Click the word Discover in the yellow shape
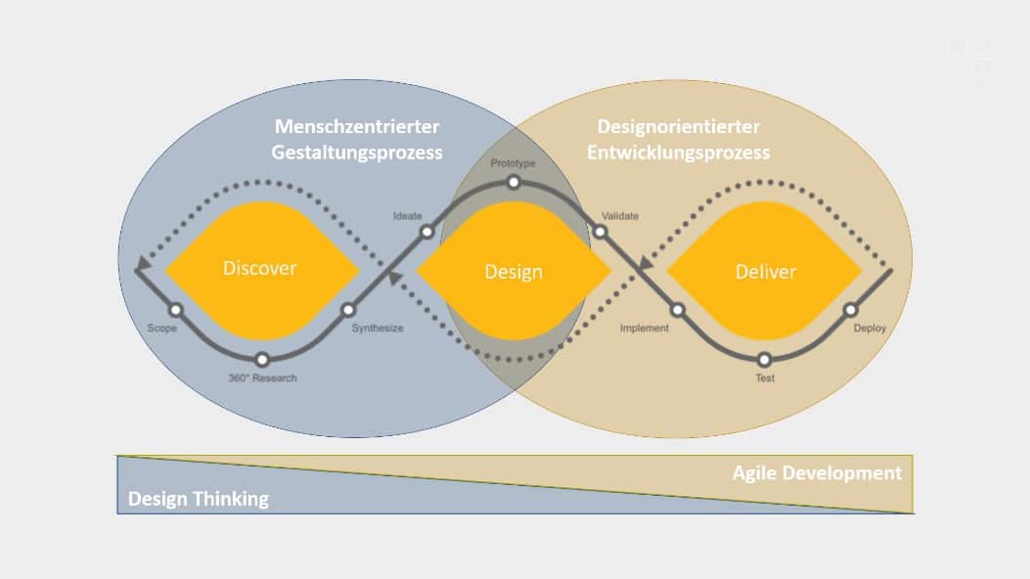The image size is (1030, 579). coord(259,268)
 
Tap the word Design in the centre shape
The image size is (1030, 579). coord(514,272)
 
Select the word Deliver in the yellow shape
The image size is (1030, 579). coord(766,272)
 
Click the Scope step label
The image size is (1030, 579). coord(161,329)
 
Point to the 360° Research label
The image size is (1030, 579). coord(261,378)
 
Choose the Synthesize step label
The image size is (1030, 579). coord(378,329)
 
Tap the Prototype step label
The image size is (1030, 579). coord(514,162)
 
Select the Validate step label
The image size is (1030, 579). coord(620,215)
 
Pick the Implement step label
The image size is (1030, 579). coord(645,329)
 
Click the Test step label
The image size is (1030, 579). coord(765,378)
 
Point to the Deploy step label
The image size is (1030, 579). coord(870,329)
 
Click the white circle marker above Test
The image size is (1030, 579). coord(764,359)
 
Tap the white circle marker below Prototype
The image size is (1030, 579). coord(514,182)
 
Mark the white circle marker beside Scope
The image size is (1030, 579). coord(176,310)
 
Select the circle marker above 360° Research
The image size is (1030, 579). coord(261,359)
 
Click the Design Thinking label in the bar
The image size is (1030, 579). coord(199,499)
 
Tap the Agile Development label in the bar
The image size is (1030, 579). coord(817,473)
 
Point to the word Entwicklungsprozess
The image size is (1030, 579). coord(682,153)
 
